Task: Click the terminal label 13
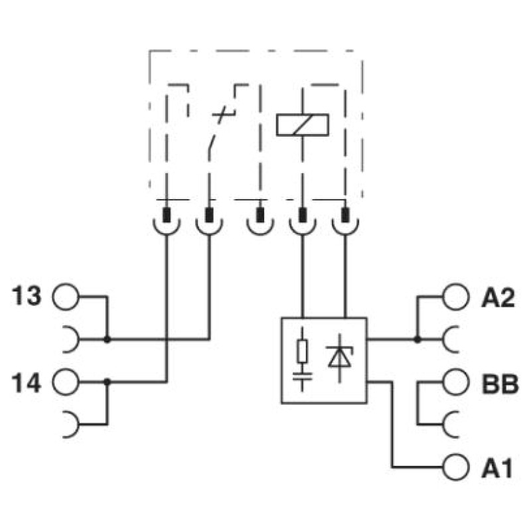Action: click(x=27, y=296)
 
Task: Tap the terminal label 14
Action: click(x=27, y=382)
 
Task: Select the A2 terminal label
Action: click(x=498, y=297)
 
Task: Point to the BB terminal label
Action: click(x=500, y=384)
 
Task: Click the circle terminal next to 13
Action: click(x=66, y=297)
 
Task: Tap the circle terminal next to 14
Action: click(x=66, y=382)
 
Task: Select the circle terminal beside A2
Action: click(x=456, y=297)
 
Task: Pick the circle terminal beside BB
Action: click(x=456, y=382)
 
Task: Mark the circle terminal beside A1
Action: click(x=456, y=468)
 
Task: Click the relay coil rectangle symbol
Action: click(x=303, y=125)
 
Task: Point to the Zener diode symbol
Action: click(x=340, y=357)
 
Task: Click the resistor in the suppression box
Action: click(x=302, y=352)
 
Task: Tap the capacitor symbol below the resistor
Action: click(x=302, y=376)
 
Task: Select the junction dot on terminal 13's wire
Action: click(x=107, y=339)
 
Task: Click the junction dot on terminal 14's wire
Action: click(x=107, y=382)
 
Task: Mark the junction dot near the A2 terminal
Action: click(x=417, y=339)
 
